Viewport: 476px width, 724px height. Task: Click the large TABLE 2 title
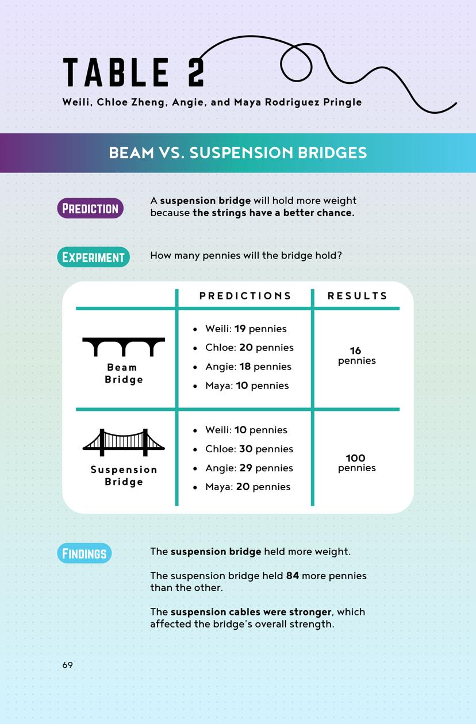tap(133, 73)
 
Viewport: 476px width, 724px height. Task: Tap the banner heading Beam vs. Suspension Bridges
tap(237, 153)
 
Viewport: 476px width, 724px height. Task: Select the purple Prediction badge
tap(90, 208)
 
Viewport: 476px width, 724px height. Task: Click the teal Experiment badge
tap(93, 257)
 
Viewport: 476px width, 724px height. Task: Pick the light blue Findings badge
tap(84, 553)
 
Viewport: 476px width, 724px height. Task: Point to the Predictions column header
tap(245, 296)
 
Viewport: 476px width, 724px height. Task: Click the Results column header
tap(357, 296)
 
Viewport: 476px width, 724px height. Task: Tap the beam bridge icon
tap(124, 347)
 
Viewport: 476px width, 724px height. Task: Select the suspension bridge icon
tap(124, 442)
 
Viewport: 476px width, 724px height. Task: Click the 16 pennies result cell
tap(356, 356)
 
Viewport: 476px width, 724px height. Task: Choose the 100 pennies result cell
tap(356, 463)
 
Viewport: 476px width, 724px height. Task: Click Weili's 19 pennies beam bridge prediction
tap(246, 329)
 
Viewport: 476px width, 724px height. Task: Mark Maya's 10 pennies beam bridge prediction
tap(247, 386)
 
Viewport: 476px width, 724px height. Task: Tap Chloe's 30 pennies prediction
tap(249, 449)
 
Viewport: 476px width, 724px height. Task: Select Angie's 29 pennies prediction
tap(249, 468)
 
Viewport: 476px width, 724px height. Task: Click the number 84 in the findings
tap(293, 576)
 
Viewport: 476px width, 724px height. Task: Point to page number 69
tap(68, 665)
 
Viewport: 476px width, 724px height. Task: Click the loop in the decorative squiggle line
tap(297, 62)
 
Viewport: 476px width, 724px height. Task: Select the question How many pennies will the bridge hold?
tap(246, 255)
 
